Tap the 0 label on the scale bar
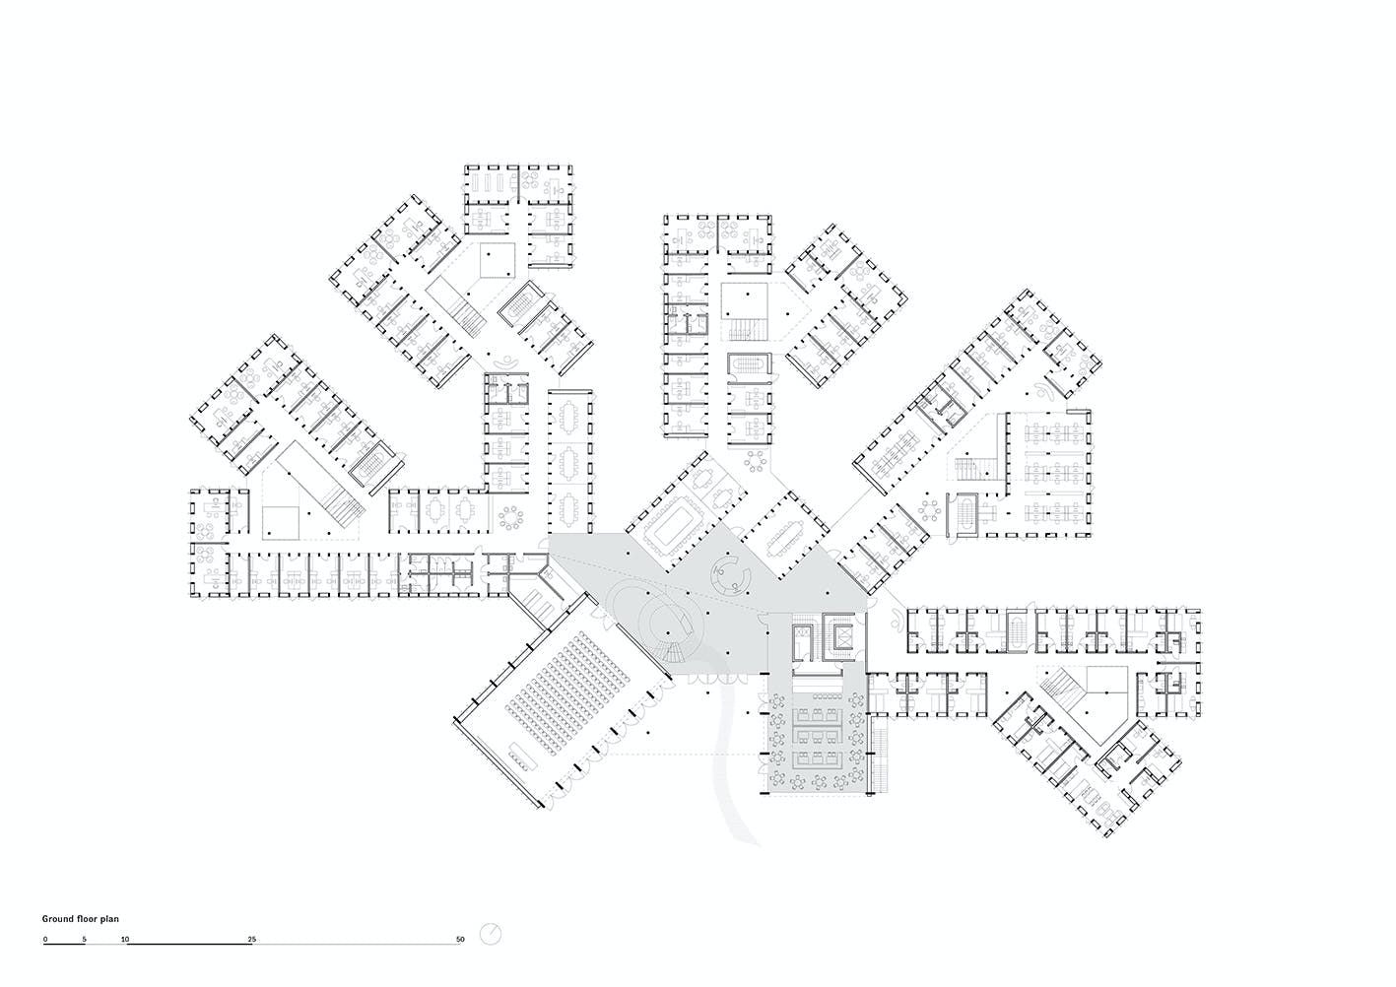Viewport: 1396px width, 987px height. pyautogui.click(x=45, y=939)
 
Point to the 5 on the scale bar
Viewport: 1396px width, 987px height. pyautogui.click(x=84, y=939)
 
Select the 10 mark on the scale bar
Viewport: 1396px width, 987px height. pyautogui.click(x=125, y=939)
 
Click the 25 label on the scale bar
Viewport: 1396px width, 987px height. pyautogui.click(x=252, y=939)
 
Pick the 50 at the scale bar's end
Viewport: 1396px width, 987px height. pyautogui.click(x=460, y=939)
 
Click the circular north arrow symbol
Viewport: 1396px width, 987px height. pyautogui.click(x=491, y=935)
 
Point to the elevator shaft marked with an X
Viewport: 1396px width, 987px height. pyautogui.click(x=842, y=636)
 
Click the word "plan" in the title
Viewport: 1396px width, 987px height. pyautogui.click(x=110, y=919)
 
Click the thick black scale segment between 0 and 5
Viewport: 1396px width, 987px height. pyautogui.click(x=64, y=945)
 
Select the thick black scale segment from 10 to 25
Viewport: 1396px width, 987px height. pyautogui.click(x=189, y=945)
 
